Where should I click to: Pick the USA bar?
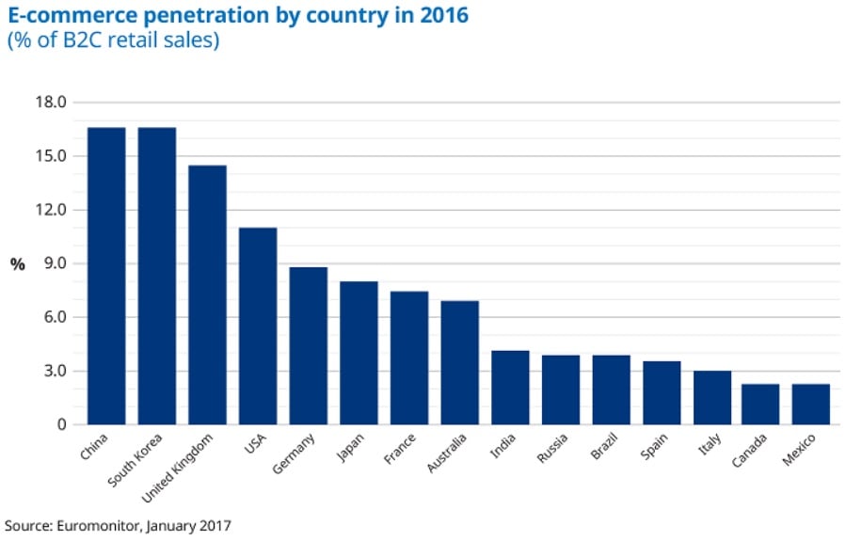point(258,326)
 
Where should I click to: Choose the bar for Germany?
point(309,345)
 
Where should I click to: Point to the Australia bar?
point(460,362)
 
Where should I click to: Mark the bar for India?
point(510,387)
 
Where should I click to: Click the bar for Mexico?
point(810,404)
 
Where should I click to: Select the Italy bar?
point(712,397)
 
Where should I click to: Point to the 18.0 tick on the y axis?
point(51,102)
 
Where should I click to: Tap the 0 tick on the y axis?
point(62,424)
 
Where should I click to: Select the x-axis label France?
point(399,448)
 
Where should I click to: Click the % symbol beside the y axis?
point(17,264)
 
